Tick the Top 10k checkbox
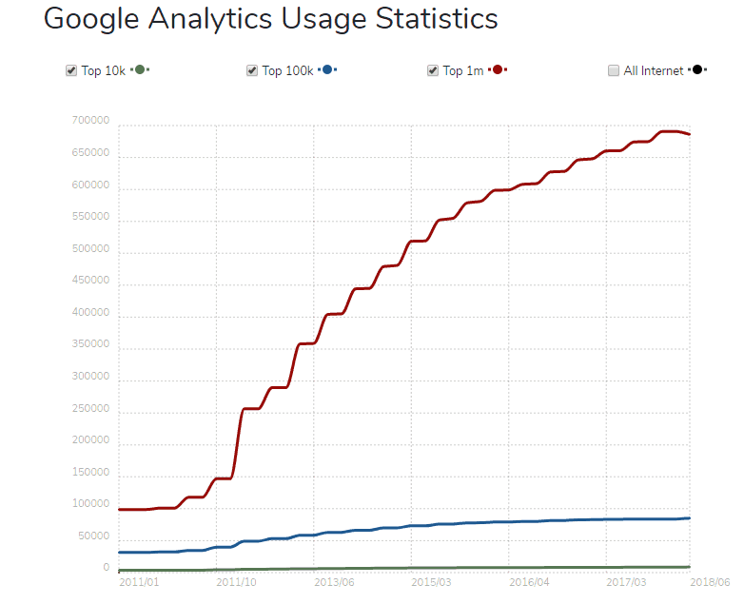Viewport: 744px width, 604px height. (x=71, y=70)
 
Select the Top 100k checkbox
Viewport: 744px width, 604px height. (x=252, y=70)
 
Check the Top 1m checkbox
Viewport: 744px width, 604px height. (x=433, y=70)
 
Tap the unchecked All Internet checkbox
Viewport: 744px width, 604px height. (x=614, y=70)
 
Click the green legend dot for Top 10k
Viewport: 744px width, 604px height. (x=140, y=70)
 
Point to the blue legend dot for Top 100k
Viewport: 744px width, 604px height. (x=326, y=70)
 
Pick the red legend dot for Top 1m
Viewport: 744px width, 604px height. (x=498, y=70)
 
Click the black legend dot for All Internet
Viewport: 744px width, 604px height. (x=697, y=70)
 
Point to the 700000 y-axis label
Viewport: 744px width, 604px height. (x=89, y=122)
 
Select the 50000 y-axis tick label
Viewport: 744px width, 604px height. (x=92, y=537)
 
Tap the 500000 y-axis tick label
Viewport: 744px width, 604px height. (x=89, y=250)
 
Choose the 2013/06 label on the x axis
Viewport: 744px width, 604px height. (x=334, y=582)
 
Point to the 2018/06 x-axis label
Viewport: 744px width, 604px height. (x=710, y=582)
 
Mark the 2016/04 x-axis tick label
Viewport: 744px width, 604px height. (x=530, y=582)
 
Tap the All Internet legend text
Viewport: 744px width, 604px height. (x=653, y=70)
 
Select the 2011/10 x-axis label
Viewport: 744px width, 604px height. (x=236, y=582)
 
